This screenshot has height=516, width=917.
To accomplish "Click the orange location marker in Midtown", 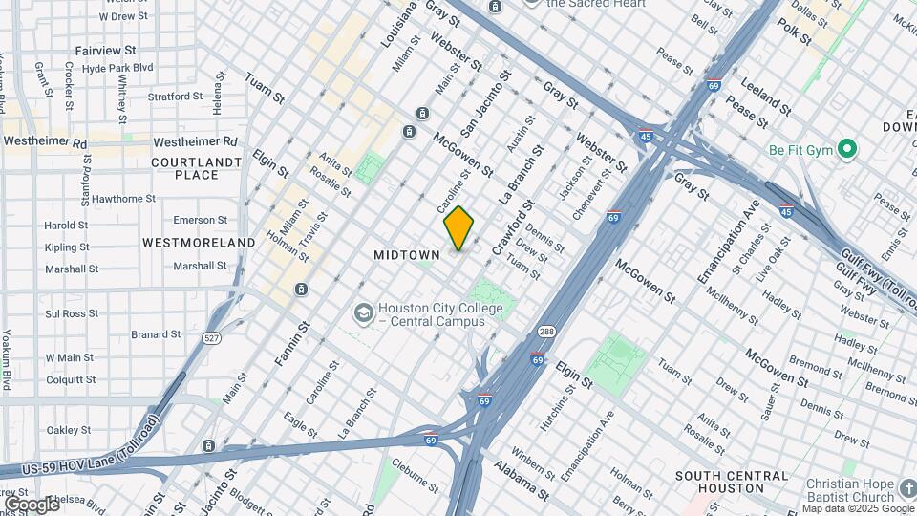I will [x=458, y=227].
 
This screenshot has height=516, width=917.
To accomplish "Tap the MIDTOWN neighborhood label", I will [x=407, y=255].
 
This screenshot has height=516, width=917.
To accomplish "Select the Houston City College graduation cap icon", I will [x=363, y=313].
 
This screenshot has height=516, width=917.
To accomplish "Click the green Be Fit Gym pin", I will [x=846, y=149].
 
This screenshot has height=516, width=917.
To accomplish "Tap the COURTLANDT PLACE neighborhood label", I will [x=197, y=168].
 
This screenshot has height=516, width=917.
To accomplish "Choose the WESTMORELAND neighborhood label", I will [x=199, y=243].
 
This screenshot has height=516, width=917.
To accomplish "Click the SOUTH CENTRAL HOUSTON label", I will [x=732, y=482].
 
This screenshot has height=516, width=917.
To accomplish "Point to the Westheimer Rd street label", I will [x=45, y=142].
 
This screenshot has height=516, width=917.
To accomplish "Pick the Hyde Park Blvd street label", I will [x=117, y=68].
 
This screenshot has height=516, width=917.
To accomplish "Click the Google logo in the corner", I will [x=32, y=504].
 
